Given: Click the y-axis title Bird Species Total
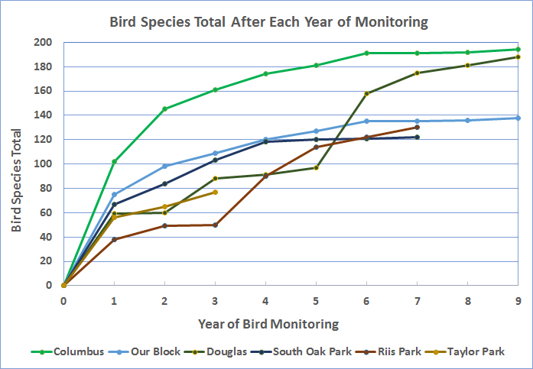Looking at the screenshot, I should [16, 168].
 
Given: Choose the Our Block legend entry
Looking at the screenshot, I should [154, 351].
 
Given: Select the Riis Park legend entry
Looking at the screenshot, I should [398, 351].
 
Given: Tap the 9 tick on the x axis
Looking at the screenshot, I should [518, 299].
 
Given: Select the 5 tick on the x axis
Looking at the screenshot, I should [316, 299].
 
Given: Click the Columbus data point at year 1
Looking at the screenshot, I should [114, 161].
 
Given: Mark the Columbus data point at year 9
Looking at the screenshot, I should [518, 50].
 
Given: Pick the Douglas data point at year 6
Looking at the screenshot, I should [366, 94].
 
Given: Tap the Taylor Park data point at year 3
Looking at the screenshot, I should [215, 192].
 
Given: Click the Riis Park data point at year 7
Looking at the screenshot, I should [417, 127].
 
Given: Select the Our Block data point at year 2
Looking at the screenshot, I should [164, 166].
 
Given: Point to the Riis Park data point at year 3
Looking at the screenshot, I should [215, 225].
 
